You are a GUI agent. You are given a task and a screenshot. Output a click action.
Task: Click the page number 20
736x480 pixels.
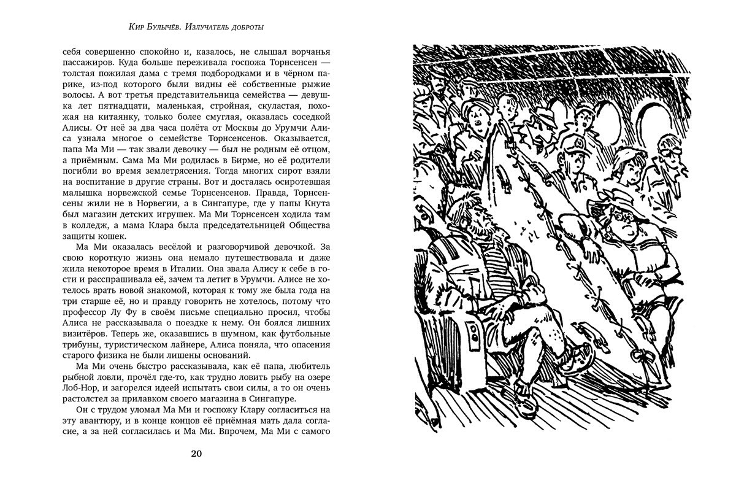[x=196, y=454]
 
